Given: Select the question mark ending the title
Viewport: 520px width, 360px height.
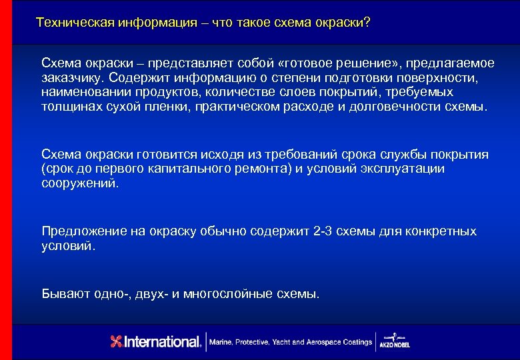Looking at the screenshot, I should click(x=367, y=23).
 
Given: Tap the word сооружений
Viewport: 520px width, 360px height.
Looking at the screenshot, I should click(x=79, y=183).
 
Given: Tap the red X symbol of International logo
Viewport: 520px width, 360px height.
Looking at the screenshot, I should click(x=117, y=342).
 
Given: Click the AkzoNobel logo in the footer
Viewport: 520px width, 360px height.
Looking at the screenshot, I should click(x=395, y=341).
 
